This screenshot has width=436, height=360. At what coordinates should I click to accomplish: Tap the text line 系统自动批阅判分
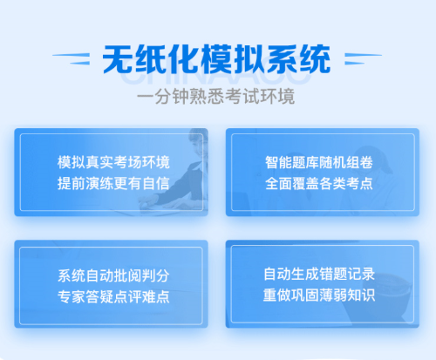112,275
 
